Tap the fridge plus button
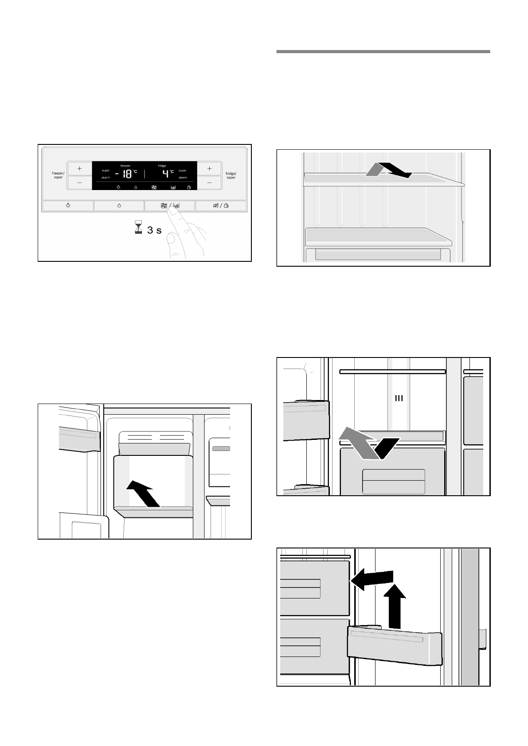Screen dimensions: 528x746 209,168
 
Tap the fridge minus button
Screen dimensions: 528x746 209,182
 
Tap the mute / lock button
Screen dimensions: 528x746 221,206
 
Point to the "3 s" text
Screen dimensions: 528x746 155,230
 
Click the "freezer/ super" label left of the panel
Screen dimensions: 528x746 58,175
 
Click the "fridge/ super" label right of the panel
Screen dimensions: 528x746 231,175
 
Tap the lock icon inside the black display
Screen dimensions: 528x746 189,187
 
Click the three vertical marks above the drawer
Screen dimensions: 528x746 399,398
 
